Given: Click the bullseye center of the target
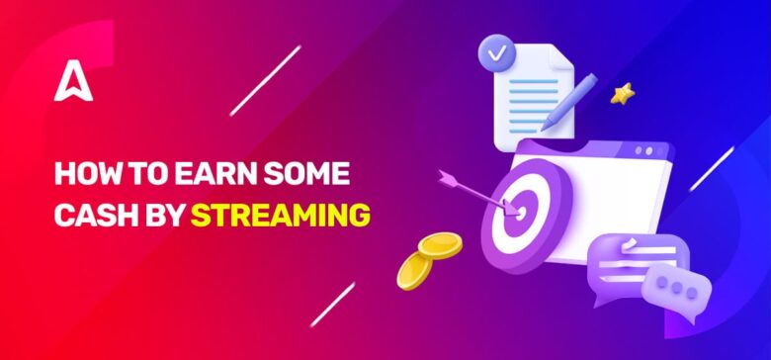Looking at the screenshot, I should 515,209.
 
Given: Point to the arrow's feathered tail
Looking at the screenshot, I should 449,179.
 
